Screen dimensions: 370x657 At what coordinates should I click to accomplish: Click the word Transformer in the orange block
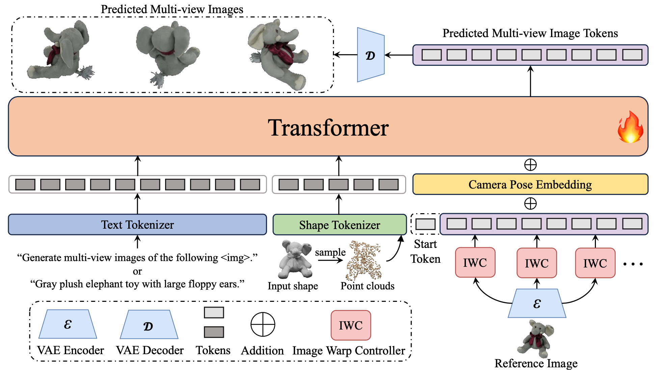tap(328, 128)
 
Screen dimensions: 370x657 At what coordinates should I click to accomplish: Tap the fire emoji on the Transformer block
tap(630, 127)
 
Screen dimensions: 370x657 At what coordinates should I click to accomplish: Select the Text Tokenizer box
tap(137, 225)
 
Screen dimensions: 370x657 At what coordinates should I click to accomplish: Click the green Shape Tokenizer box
tap(339, 225)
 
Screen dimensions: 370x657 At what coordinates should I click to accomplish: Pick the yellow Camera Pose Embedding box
tap(530, 184)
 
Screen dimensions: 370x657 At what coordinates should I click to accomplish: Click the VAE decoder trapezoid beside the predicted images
tap(371, 55)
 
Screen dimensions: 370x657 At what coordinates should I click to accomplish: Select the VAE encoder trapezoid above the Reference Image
tap(537, 304)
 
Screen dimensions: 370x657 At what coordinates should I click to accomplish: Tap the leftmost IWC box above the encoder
tap(475, 263)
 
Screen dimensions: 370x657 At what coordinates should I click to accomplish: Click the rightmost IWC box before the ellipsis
tap(595, 263)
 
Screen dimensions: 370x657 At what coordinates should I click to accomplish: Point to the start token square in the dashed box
tap(425, 224)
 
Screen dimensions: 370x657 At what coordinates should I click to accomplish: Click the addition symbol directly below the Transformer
tap(530, 165)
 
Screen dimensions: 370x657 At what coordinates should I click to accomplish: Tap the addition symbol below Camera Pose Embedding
tap(530, 204)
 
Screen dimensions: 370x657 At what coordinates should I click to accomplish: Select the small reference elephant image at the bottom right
tap(536, 339)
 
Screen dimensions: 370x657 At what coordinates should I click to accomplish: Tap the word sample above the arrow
tap(330, 252)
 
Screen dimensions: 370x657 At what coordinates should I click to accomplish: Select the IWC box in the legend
tap(351, 325)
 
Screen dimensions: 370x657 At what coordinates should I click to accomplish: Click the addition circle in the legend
tap(263, 324)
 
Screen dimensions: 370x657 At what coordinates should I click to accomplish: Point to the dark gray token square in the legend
tap(214, 332)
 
